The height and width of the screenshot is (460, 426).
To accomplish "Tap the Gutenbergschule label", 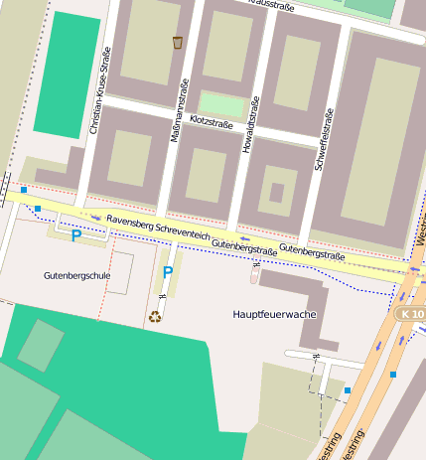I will coord(75,274).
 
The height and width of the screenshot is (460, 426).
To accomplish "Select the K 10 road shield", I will coord(412,313).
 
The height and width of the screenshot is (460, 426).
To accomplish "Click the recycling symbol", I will coord(155,317).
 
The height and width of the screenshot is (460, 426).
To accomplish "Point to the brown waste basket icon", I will coord(178,42).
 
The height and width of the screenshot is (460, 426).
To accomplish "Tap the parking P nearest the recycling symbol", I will coord(168,271).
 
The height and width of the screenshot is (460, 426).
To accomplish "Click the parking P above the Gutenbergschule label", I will coord(75,235).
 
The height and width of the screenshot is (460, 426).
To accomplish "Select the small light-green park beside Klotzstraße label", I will coord(221,104).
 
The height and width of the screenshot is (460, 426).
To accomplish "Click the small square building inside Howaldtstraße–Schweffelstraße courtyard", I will coord(276,192).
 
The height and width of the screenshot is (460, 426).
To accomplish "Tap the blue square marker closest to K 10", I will coord(393,374).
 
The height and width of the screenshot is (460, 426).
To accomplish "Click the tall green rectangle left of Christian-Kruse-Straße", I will coord(67,75).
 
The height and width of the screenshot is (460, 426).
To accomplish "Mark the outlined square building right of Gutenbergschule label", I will coord(120,272).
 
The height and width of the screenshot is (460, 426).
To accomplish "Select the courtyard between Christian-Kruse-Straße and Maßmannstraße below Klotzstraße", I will coord(132,158).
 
